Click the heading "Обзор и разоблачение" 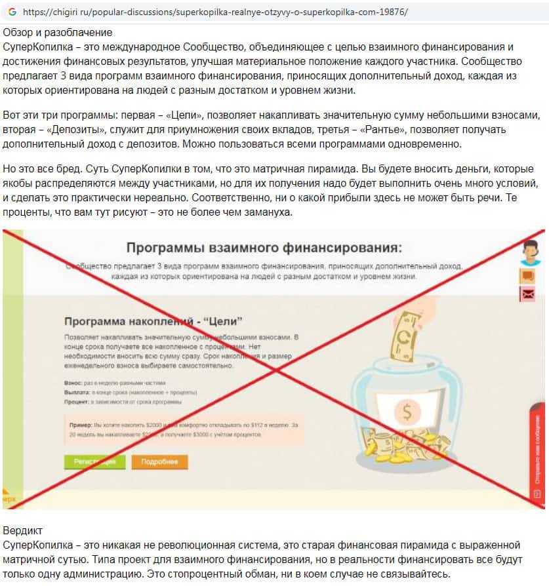(x=58, y=32)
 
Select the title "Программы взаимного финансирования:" (x=263, y=248)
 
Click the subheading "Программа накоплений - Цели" (x=153, y=321)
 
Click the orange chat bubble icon (x=527, y=276)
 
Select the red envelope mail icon (x=527, y=294)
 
